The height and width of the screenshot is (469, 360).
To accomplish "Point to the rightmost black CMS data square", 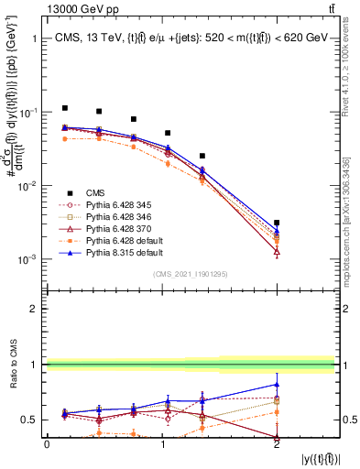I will (277, 223).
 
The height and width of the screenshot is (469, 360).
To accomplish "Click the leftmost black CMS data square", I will (64, 108).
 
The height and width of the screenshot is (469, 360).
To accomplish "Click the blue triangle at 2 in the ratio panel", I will (277, 384).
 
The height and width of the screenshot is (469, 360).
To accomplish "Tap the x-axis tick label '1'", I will (162, 443).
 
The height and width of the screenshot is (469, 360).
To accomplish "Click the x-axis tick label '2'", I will (277, 443).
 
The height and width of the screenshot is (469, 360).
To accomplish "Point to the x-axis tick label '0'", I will (48, 443).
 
